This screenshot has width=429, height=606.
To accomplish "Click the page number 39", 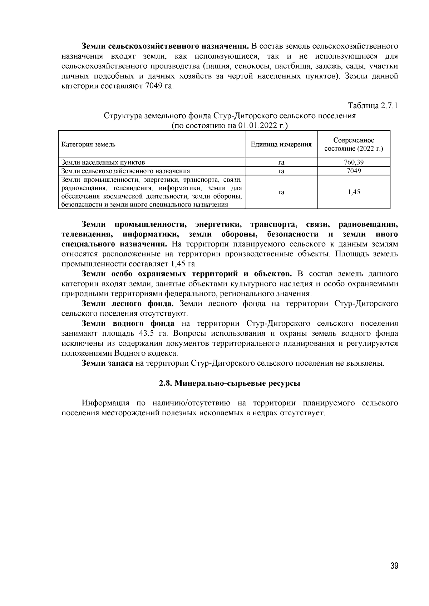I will [x=394, y=566].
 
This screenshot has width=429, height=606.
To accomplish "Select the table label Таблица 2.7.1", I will [x=373, y=106].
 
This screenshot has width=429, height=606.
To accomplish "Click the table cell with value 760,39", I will [x=354, y=162].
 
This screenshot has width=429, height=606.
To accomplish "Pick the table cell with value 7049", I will [x=354, y=171].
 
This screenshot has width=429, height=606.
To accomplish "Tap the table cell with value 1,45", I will [x=354, y=192].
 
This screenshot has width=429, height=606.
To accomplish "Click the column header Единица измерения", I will [x=281, y=144].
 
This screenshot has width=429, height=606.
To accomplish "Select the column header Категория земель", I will [x=88, y=144].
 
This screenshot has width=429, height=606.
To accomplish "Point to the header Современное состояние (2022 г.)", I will [x=354, y=144].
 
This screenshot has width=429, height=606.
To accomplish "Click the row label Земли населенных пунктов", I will [x=103, y=162].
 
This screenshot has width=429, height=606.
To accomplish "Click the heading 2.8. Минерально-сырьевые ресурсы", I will [x=230, y=384].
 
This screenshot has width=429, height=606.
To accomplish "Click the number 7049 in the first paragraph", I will [x=154, y=86].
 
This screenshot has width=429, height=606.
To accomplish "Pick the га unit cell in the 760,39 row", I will [x=281, y=162].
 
